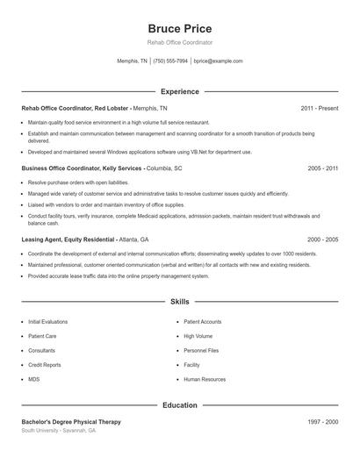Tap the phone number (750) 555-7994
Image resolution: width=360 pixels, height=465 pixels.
(x=170, y=61)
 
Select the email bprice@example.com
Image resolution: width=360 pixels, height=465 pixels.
(x=218, y=61)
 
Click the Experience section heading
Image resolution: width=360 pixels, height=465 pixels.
(x=179, y=91)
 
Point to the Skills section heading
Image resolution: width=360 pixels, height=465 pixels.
(x=179, y=301)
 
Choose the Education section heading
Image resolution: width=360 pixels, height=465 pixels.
(x=179, y=405)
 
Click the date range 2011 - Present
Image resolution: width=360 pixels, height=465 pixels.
(x=319, y=108)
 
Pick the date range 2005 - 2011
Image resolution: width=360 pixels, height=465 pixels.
(x=322, y=167)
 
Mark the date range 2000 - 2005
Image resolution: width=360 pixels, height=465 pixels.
(x=322, y=239)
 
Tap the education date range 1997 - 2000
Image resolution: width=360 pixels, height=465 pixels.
(x=322, y=422)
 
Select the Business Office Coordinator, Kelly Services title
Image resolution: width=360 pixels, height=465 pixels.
(x=83, y=167)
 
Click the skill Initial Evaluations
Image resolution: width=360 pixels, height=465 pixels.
(x=47, y=322)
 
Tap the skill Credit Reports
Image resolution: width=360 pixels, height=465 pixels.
(x=44, y=365)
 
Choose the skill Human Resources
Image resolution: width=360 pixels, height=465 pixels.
(x=205, y=380)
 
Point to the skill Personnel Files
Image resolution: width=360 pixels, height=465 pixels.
(x=201, y=351)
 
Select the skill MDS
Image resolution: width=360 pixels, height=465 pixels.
(x=33, y=380)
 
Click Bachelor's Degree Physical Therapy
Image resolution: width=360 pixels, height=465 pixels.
(x=71, y=422)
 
